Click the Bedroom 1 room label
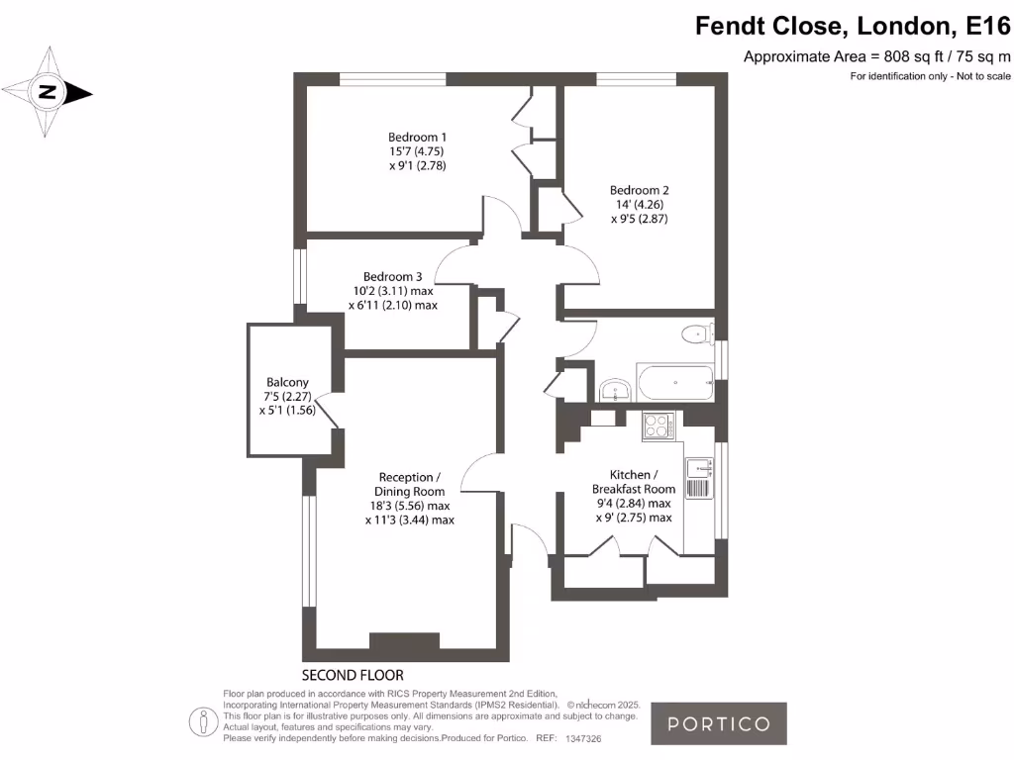pos(417,137)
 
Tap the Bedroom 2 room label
pos(639,190)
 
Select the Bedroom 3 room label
pos(392,276)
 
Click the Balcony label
pos(287,382)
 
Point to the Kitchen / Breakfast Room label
pos(633,482)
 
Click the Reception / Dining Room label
pos(409,484)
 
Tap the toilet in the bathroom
pos(698,334)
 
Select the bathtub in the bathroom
pos(674,381)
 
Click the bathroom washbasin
pos(616,389)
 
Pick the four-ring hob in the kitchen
pos(657,426)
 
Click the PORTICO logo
pos(718,723)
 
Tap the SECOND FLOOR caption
pos(353,676)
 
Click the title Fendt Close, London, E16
pos(853,25)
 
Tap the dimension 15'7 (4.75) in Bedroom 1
pos(417,151)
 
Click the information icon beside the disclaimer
pos(203,719)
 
